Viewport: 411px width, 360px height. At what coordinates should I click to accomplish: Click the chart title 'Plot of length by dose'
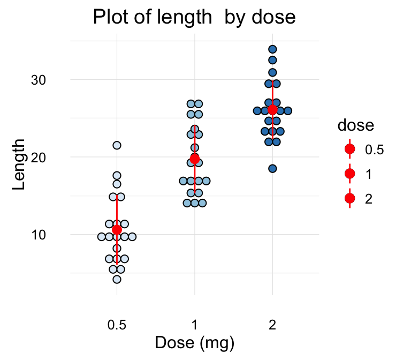(194, 18)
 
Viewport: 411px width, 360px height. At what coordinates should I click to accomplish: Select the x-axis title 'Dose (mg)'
(194, 342)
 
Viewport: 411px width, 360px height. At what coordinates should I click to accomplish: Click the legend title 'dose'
(355, 126)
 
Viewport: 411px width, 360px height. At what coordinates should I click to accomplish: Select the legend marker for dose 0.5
(350, 149)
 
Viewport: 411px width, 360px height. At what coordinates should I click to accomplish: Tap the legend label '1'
(368, 174)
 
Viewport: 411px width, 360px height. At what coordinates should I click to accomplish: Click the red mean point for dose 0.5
(117, 230)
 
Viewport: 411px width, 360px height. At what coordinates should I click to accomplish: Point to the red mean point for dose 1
(194, 159)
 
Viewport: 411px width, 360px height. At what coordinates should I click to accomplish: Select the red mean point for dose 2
(272, 110)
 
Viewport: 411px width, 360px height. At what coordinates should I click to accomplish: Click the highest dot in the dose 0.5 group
(117, 145)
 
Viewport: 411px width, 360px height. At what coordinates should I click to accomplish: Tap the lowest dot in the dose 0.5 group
(117, 279)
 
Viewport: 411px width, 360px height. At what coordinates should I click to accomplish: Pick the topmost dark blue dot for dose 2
(272, 50)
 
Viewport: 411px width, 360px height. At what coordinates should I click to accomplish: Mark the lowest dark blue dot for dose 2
(272, 169)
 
